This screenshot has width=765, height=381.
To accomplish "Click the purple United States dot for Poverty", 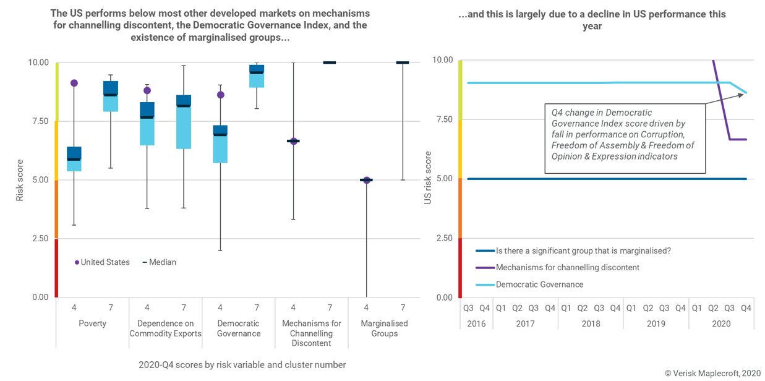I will (x=74, y=83).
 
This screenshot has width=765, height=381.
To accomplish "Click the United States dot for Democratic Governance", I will (x=221, y=95).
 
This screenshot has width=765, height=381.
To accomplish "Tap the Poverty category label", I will (x=92, y=323).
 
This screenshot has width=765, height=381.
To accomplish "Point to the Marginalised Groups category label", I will (x=385, y=328).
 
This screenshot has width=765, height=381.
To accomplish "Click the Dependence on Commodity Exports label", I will (x=165, y=328).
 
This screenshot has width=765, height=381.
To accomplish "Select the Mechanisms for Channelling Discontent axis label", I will (x=311, y=333).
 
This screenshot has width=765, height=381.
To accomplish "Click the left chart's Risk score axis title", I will (x=20, y=179).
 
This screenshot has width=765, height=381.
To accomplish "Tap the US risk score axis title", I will (x=428, y=179).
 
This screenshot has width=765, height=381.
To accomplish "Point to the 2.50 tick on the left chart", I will (x=38, y=239).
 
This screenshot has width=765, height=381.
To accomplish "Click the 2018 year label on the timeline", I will (x=590, y=323).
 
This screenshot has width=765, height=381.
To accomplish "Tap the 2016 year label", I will (x=476, y=323).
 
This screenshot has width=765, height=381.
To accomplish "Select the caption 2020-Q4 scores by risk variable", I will (x=242, y=365).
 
